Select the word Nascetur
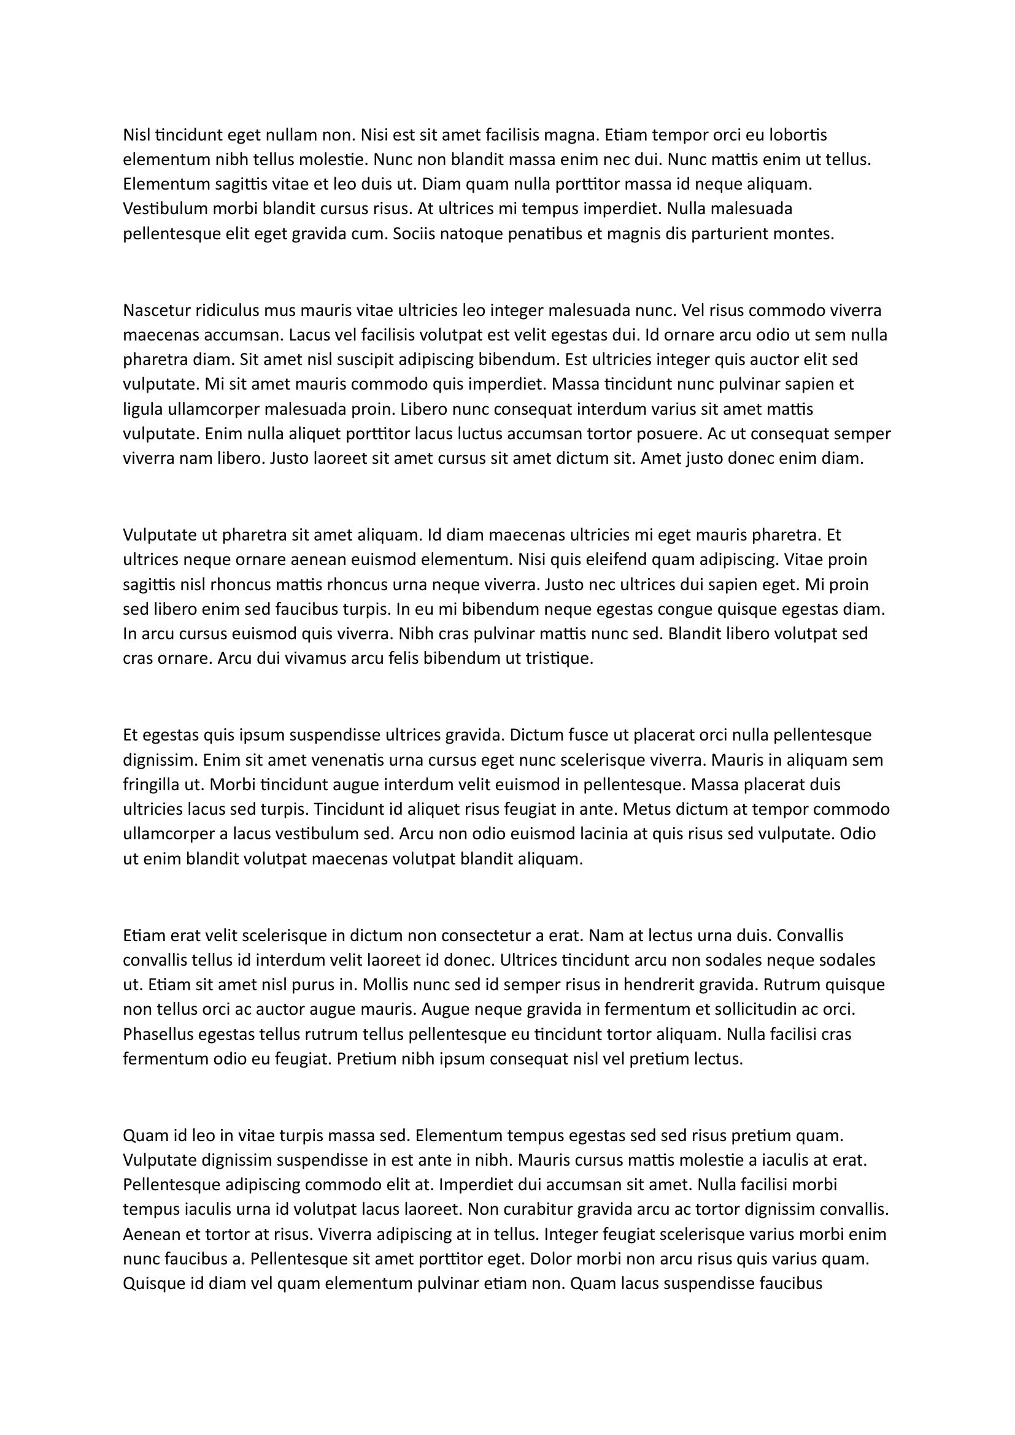(157, 310)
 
